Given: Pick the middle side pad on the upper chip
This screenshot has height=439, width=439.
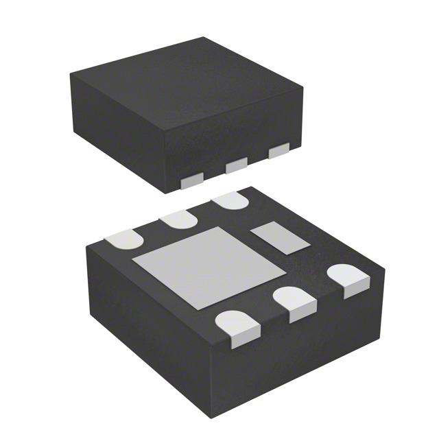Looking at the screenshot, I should pos(236,165).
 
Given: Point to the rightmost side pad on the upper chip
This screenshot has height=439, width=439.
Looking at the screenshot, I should pos(278,150).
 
